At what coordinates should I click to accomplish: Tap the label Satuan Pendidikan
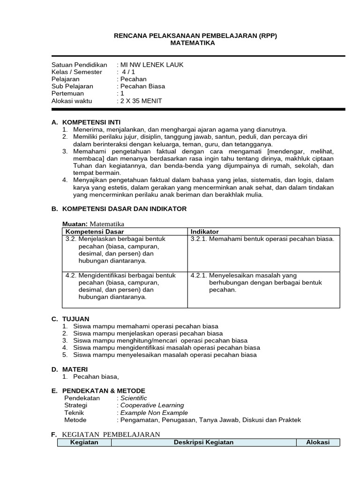[x=79, y=65]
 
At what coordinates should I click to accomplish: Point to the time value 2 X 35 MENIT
[x=141, y=101]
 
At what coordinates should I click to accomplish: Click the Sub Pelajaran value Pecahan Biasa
[x=142, y=86]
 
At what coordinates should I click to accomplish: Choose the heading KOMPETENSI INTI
[x=91, y=122]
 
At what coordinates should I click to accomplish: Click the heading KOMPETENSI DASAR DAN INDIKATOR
[x=124, y=209]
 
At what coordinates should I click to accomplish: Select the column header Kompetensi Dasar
[x=95, y=232]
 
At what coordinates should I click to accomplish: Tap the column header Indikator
[x=204, y=232]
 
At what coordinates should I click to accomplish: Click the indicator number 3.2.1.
[x=199, y=239]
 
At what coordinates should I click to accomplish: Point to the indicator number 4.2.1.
[x=199, y=276]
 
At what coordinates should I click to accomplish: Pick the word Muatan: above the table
[x=75, y=224]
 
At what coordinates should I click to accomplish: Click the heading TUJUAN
[x=75, y=319]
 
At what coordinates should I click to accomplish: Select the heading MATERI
[x=75, y=369]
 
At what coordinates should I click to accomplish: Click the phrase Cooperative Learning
[x=152, y=405]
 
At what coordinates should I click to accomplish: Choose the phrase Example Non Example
[x=154, y=412]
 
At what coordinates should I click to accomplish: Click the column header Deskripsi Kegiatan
[x=203, y=442]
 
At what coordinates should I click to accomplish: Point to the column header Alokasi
[x=318, y=442]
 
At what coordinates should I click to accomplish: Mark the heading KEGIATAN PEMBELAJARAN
[x=111, y=435]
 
